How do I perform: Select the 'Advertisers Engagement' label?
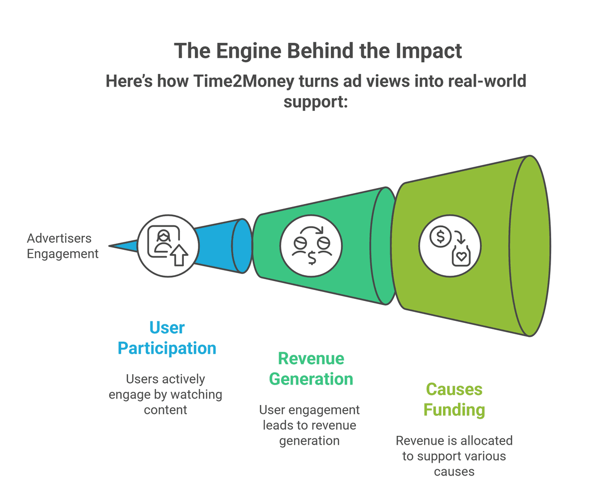62,246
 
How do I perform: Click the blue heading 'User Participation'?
167,338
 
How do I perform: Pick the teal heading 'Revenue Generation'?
311,369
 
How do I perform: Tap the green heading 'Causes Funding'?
453,399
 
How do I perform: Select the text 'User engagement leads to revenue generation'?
309,425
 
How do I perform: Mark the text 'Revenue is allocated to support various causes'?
454,455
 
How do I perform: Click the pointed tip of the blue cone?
111,246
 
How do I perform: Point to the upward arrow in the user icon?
178,255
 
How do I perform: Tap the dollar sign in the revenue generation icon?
311,258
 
